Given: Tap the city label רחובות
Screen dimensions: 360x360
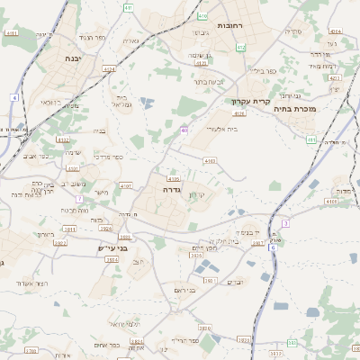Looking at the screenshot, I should click(230, 26).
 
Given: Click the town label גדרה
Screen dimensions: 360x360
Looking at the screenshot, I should click(174, 191).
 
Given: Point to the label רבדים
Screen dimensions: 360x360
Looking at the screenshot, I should click(236, 283).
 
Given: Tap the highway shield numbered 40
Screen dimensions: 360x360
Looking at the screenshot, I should click(184, 130).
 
